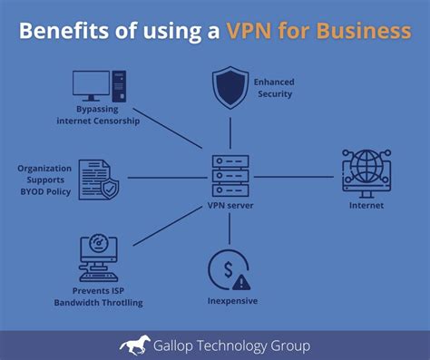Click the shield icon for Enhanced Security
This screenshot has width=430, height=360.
230,89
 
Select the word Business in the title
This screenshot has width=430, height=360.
370,33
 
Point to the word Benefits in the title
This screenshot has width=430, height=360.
58,33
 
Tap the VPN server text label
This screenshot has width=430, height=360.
230,206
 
